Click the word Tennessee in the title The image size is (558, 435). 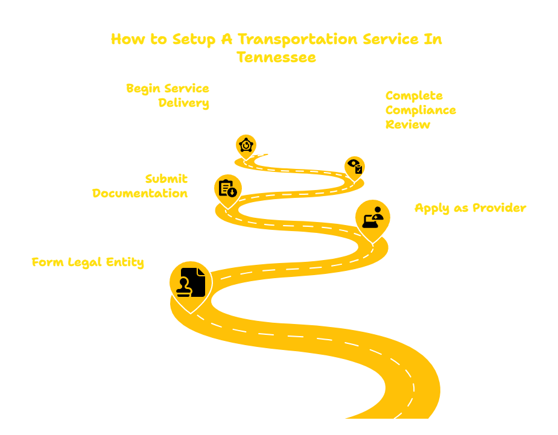(276, 57)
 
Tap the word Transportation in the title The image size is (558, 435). (297, 39)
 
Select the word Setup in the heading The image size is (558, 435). (194, 39)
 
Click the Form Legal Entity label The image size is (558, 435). (87, 262)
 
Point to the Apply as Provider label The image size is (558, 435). (471, 208)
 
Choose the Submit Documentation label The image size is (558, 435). (140, 186)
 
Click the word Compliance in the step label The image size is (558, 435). (420, 110)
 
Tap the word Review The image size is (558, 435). (408, 125)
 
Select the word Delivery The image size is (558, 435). (183, 103)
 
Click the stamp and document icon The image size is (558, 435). (191, 282)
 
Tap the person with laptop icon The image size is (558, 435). (373, 217)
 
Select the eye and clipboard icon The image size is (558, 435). (355, 167)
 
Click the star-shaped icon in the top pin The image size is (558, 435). (246, 145)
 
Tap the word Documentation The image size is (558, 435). (140, 193)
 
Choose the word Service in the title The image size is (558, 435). (390, 39)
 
